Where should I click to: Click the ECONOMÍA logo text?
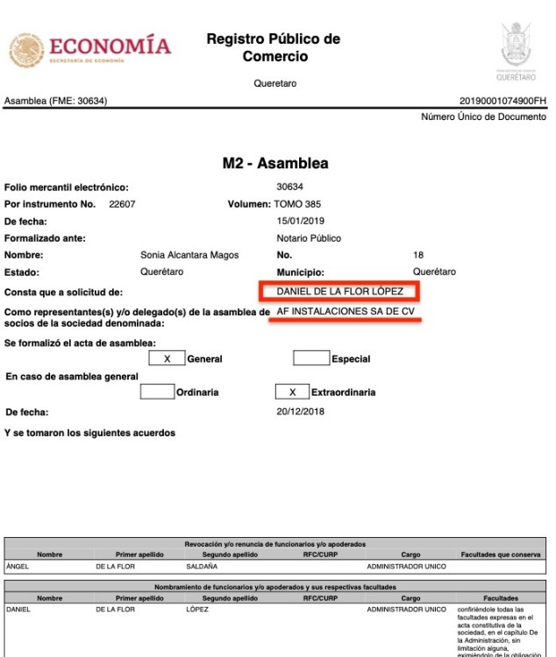click(x=110, y=46)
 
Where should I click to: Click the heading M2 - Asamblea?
click(x=276, y=164)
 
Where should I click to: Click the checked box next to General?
click(x=167, y=358)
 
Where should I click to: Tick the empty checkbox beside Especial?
click(x=310, y=358)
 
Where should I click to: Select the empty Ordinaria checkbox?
click(x=158, y=392)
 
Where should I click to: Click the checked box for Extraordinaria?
click(x=293, y=392)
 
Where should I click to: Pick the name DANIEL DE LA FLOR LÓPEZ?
click(x=340, y=291)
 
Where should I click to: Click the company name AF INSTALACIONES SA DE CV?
click(x=345, y=311)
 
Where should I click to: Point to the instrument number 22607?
click(x=122, y=204)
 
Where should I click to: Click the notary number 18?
click(x=417, y=255)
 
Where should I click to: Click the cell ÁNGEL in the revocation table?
click(x=18, y=567)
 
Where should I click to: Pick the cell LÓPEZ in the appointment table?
click(x=199, y=609)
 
